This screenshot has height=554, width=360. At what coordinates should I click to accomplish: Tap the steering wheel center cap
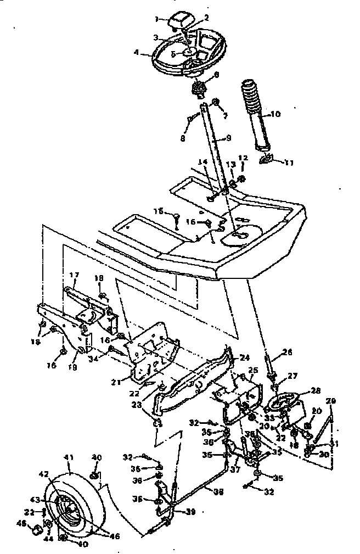(x=179, y=20)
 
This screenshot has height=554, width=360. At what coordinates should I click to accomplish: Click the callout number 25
(x=252, y=370)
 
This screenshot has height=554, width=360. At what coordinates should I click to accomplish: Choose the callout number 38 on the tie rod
(x=218, y=492)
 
